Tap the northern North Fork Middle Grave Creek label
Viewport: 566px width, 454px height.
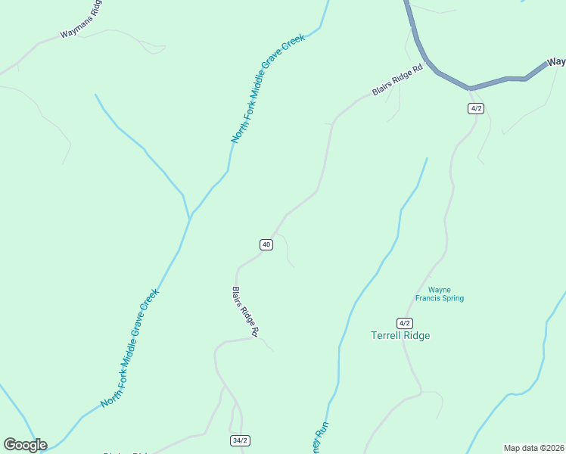click(268, 89)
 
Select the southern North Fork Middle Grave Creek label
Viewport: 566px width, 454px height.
click(130, 347)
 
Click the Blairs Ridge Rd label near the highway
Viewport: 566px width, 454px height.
click(397, 81)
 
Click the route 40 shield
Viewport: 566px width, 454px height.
click(266, 244)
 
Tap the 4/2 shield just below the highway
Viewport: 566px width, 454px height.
click(475, 108)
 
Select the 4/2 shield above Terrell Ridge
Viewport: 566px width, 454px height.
click(405, 322)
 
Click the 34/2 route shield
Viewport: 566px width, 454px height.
click(240, 440)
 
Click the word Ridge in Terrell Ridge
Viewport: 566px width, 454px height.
click(418, 335)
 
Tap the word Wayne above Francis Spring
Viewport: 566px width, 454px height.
click(440, 290)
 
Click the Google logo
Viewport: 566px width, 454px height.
click(25, 445)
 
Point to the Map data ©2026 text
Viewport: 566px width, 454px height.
click(533, 448)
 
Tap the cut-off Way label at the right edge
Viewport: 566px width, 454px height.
click(556, 62)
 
